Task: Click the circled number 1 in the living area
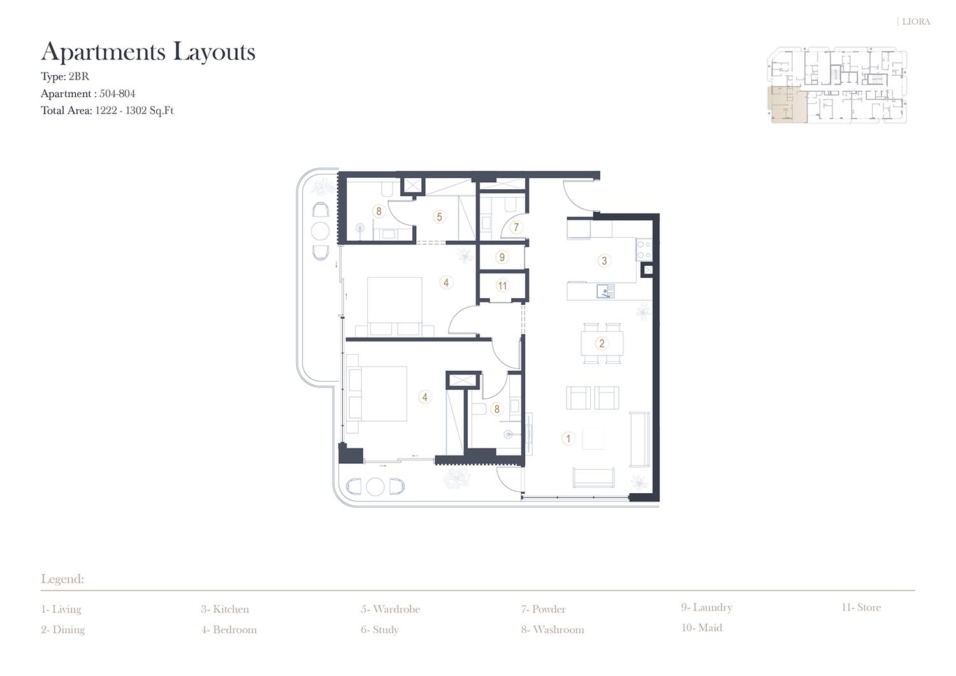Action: [x=568, y=438]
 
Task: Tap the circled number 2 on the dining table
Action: [x=602, y=343]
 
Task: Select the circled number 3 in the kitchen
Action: [x=604, y=261]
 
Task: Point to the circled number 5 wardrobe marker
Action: [x=439, y=217]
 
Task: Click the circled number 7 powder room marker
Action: [x=516, y=227]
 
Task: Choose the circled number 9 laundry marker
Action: [x=502, y=257]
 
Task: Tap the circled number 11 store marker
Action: [x=502, y=285]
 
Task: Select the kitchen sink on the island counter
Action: [x=605, y=291]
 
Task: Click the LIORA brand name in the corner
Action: [x=916, y=22]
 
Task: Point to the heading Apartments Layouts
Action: [x=148, y=52]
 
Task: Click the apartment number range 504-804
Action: [x=117, y=94]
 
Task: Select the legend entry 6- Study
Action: [x=379, y=630]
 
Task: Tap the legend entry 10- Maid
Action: [x=702, y=628]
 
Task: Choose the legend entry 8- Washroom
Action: [x=553, y=630]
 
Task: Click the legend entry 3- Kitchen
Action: [x=225, y=609]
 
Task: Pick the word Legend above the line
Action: [x=62, y=579]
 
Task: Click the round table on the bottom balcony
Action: [x=375, y=487]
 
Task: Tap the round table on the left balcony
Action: [x=320, y=231]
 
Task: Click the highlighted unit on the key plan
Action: [x=786, y=104]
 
